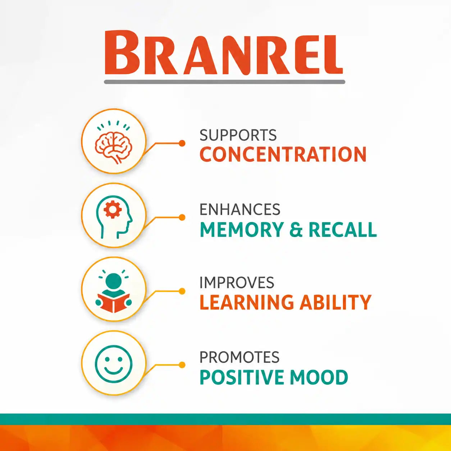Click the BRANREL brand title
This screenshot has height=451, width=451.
tap(224, 53)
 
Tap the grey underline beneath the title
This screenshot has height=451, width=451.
tap(224, 82)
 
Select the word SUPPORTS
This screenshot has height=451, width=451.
tap(238, 135)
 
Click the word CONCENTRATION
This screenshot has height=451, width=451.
tap(283, 154)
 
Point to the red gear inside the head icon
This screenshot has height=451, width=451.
tap(113, 209)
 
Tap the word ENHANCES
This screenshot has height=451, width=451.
tap(240, 209)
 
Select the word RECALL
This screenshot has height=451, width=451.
tap(343, 229)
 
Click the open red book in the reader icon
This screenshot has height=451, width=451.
tap(114, 303)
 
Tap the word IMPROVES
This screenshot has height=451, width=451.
tap(237, 282)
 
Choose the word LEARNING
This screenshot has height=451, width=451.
tap(247, 302)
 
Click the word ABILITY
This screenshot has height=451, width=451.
tap(336, 302)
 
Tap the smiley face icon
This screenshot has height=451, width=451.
tap(114, 364)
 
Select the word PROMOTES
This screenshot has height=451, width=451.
tap(240, 357)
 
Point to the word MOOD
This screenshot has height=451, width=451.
tap(319, 377)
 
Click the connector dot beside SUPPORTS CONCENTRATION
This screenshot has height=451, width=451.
tap(182, 143)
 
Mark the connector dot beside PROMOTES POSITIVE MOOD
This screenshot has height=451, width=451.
tap(182, 365)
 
